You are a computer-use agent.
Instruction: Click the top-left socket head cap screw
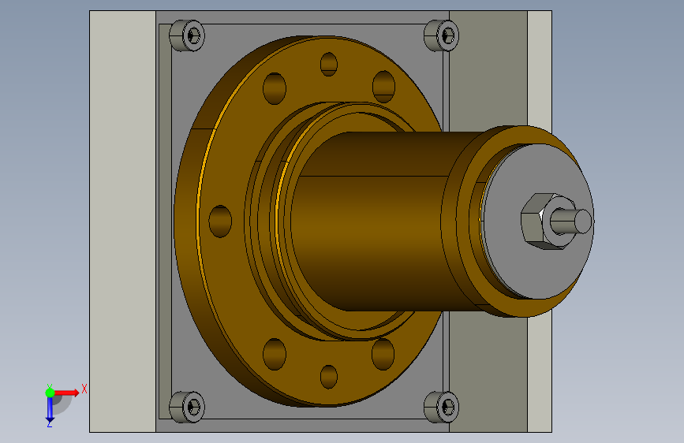187,35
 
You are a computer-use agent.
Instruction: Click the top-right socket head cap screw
442,35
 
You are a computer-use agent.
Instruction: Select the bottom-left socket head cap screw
187,407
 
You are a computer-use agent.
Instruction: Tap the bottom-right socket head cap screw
442,407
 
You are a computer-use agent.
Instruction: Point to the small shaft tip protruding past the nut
571,221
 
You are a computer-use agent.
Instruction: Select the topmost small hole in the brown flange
329,64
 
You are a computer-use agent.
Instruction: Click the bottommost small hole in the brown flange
329,377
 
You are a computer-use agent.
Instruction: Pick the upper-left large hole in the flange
275,88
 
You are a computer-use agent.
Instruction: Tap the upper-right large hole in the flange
384,87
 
